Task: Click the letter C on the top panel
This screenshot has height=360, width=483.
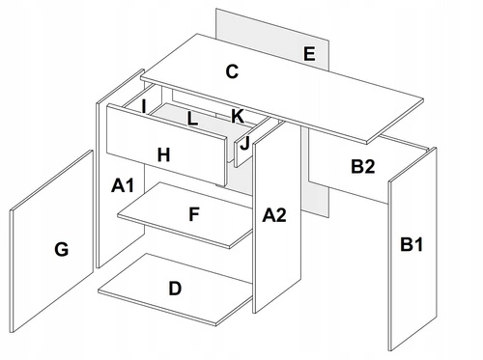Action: point(232,71)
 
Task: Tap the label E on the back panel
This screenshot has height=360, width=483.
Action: point(309,54)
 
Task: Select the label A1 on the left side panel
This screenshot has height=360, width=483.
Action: point(123,185)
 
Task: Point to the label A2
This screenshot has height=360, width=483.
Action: point(274,215)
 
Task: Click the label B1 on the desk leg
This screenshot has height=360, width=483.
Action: point(412,244)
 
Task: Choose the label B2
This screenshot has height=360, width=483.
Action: point(363,167)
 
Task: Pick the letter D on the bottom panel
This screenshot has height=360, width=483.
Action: point(175,289)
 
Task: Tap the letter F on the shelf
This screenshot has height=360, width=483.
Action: point(194,214)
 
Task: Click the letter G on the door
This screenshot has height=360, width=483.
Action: point(62,249)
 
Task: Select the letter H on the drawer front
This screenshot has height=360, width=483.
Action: point(164,154)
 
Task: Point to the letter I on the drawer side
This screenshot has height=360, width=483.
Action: point(144,106)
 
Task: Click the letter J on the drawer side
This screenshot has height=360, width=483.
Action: point(244,143)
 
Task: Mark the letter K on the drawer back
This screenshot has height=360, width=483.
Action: point(238,116)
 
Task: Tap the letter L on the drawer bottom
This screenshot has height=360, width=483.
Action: point(192,119)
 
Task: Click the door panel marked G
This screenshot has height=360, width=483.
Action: point(51,241)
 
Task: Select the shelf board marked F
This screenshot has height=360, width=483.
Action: point(185,215)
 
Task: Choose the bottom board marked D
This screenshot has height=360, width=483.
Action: point(176,290)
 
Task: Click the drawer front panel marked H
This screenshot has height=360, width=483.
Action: point(167,145)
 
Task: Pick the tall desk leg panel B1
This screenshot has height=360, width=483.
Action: point(412,249)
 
